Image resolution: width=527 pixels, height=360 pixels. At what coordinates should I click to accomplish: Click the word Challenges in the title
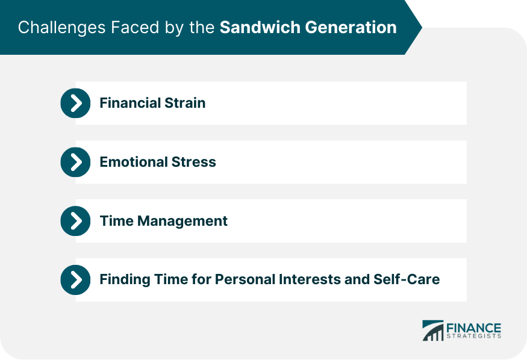62,28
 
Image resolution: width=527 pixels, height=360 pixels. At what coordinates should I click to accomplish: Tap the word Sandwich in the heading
260,27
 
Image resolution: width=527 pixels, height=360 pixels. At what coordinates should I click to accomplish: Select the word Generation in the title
351,27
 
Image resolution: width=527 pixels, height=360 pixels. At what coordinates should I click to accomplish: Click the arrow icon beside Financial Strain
76,103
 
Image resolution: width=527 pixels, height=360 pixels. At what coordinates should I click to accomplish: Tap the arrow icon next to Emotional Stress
76,162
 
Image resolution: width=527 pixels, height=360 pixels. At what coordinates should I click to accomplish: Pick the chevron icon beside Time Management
76,221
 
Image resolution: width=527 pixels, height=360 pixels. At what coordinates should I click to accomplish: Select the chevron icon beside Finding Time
76,280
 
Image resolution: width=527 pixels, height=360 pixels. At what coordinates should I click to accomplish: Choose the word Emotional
134,162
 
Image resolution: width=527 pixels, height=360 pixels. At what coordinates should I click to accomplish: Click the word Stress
194,162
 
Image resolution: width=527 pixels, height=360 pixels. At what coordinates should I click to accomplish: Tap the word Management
182,221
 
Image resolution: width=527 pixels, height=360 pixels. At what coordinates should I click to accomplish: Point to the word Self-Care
407,279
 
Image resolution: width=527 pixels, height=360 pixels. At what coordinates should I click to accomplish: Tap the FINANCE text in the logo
473,327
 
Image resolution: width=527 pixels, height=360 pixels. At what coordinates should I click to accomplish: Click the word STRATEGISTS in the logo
473,336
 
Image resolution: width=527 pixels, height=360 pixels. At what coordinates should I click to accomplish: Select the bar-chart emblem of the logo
433,331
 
